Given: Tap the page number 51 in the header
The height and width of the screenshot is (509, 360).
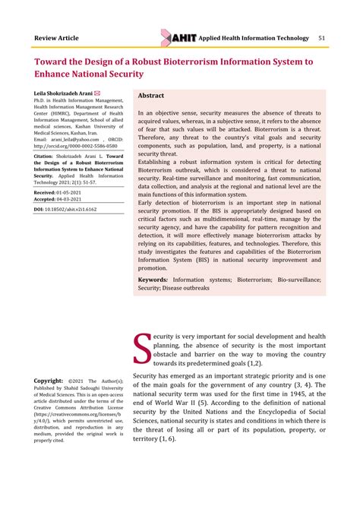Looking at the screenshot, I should click(x=322, y=38).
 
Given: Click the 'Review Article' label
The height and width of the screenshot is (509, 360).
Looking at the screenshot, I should click(x=57, y=38).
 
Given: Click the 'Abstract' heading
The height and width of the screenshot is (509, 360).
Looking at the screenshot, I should click(x=151, y=96).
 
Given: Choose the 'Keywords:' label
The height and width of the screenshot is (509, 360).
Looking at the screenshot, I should click(x=153, y=280).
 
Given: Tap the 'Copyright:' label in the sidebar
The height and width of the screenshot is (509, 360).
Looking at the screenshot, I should click(x=49, y=380).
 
